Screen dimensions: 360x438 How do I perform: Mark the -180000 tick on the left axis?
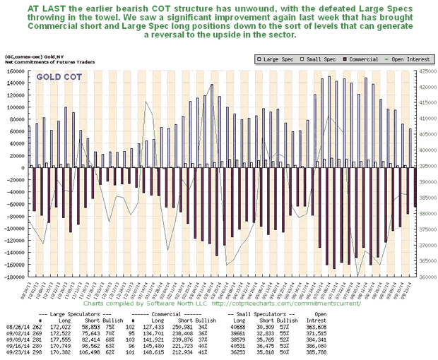(x=13, y=277)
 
